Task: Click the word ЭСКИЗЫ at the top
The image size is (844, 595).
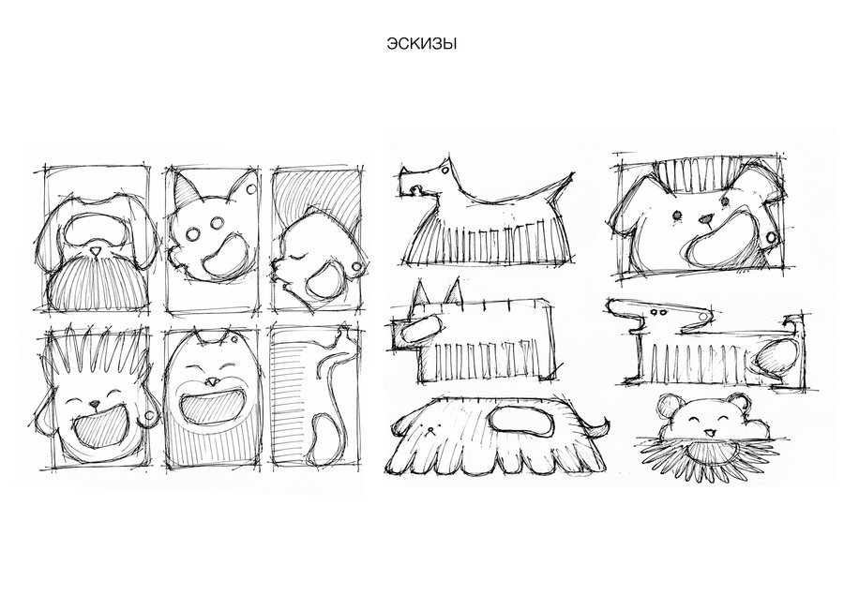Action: click(x=421, y=44)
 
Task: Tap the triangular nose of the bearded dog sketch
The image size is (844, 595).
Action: click(x=96, y=252)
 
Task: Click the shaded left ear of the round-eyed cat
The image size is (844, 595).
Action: click(x=187, y=190)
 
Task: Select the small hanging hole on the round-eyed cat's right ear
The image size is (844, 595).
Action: click(x=250, y=189)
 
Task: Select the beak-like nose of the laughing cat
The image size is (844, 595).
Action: click(x=212, y=381)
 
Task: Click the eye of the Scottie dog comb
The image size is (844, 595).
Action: click(x=445, y=170)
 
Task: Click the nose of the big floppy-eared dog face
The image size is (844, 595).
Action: click(x=705, y=219)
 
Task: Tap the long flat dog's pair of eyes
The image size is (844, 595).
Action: click(x=657, y=312)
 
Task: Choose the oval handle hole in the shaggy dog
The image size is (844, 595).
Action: click(x=521, y=420)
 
